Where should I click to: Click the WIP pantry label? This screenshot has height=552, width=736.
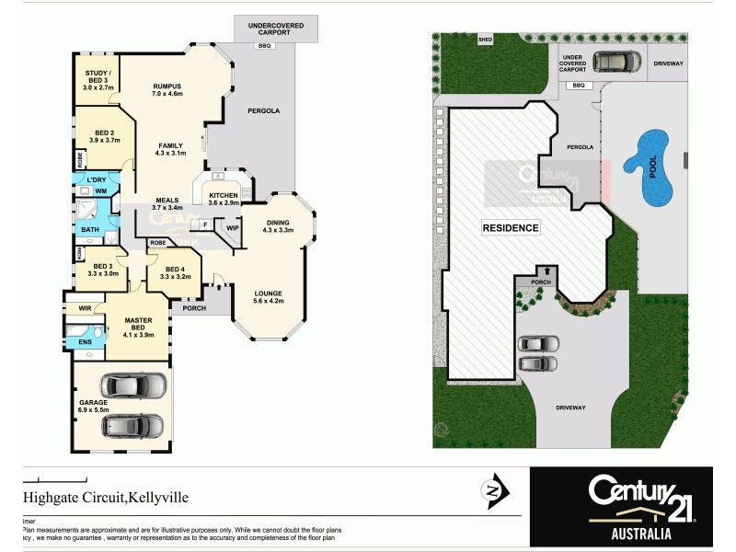coord(232,226)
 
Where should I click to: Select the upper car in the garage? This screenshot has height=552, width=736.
coord(132,385)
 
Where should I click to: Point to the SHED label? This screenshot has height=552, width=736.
coord(484,40)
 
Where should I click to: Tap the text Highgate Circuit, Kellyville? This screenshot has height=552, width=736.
coord(106,497)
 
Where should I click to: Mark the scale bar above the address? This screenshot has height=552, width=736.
coord(54,479)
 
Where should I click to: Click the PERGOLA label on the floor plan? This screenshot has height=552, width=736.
coord(263,110)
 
